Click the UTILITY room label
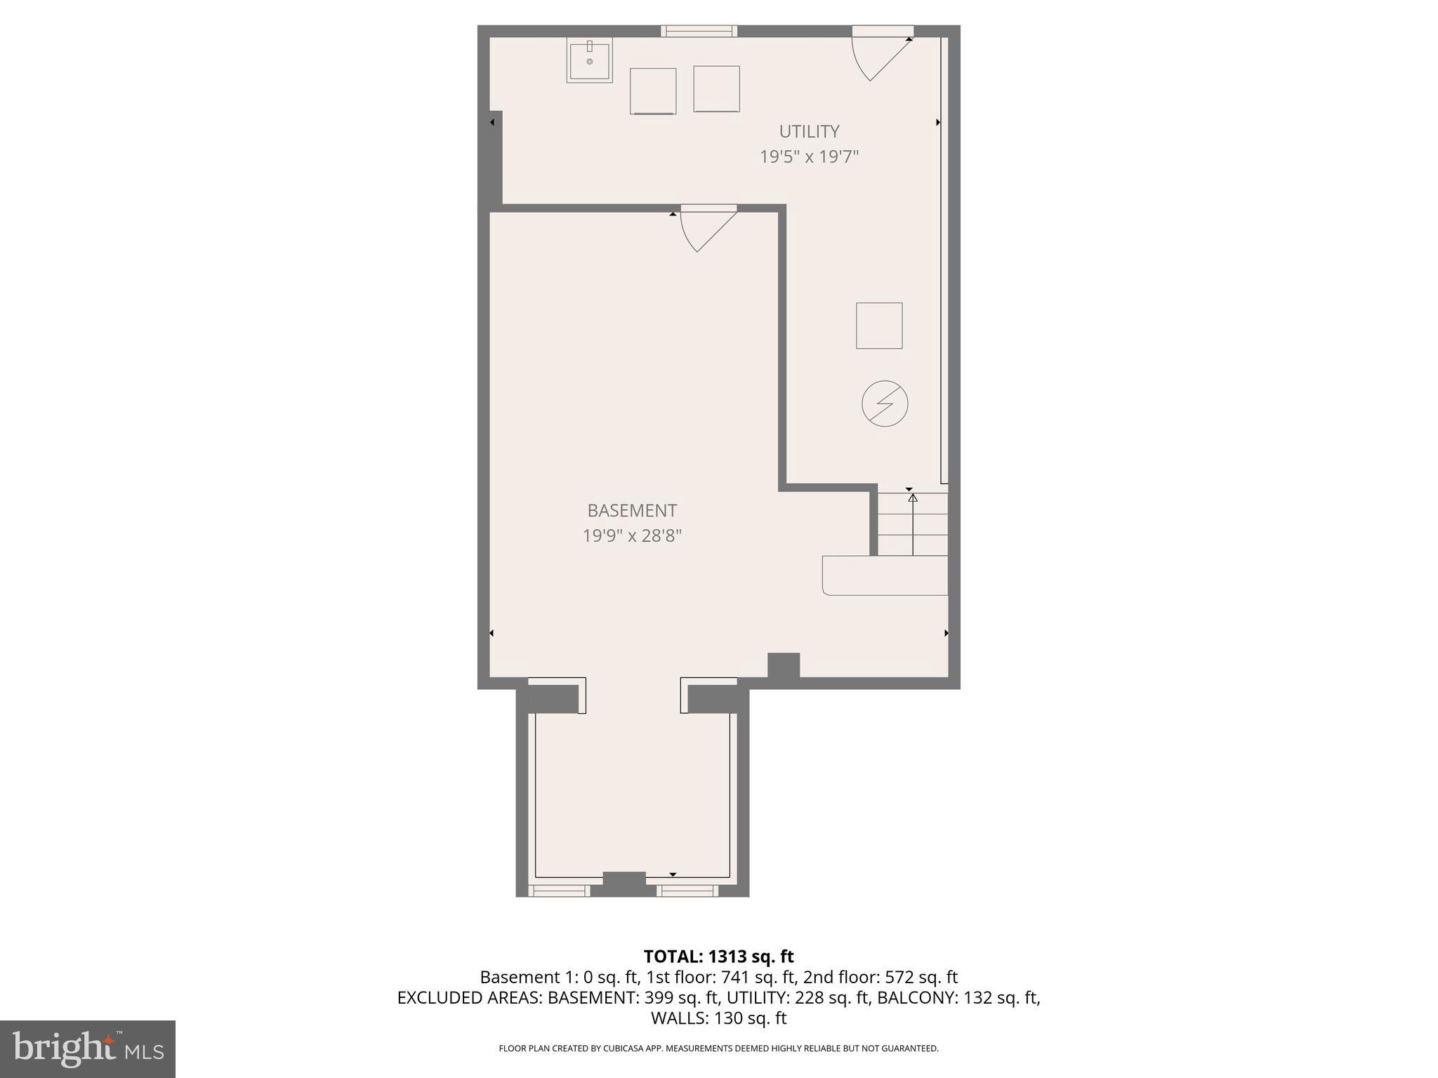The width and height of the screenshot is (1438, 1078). [809, 132]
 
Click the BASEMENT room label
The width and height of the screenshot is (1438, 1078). [632, 511]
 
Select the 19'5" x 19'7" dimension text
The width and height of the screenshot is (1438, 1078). [809, 157]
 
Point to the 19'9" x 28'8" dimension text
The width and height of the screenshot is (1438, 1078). [632, 536]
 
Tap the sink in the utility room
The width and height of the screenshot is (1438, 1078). [590, 60]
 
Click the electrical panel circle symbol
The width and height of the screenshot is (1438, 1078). [885, 404]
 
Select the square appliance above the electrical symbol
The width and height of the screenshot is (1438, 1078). [879, 326]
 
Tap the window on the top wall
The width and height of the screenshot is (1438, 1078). [699, 31]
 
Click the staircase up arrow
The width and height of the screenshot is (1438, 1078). [913, 523]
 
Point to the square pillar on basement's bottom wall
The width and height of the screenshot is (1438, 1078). [784, 665]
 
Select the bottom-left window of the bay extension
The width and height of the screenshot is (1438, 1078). [559, 891]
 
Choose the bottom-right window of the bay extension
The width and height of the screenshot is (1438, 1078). [687, 891]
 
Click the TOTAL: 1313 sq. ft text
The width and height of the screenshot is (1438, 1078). [718, 957]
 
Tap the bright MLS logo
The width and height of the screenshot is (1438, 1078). [88, 1049]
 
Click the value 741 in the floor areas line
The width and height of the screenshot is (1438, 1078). [734, 977]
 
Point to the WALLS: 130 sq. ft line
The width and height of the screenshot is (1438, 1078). [718, 1018]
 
